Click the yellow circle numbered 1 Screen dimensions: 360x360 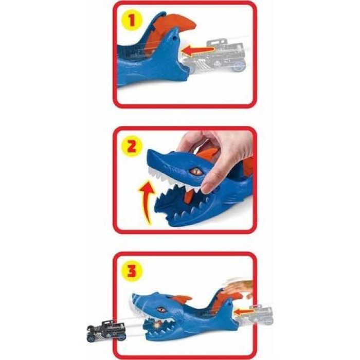coord(132,20)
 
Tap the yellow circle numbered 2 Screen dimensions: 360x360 coord(132,146)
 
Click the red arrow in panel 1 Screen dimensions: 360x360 coord(198,50)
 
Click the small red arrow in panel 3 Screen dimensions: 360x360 coord(244,312)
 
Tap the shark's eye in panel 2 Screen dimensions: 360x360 coord(194,171)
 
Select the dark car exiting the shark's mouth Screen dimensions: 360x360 coord(106,330)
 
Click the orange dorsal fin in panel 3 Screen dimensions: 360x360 coord(181,299)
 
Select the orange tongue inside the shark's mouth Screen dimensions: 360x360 coord(189,197)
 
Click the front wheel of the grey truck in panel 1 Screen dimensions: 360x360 coord(239,66)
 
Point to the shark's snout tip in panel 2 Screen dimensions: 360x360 coord(149,153)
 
